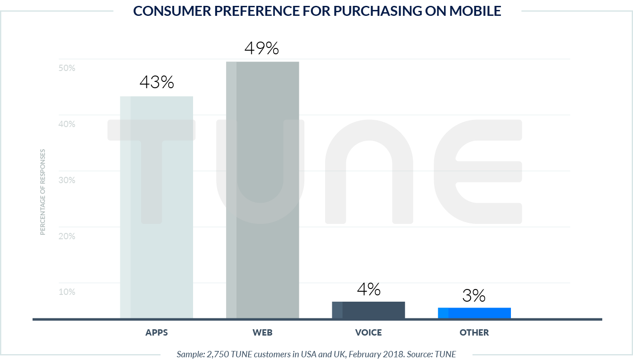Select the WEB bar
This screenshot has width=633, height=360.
pos(262,190)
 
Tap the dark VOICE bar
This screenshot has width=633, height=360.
pos(368,310)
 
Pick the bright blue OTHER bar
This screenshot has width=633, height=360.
pos(474,313)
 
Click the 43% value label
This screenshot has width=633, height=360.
pos(156,82)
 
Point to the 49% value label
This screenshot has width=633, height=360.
pos(262,48)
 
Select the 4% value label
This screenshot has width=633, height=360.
pos(368,289)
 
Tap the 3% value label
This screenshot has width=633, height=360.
pos(474,296)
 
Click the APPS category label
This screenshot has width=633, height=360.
pos(156,333)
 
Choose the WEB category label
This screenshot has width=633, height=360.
pos(262,333)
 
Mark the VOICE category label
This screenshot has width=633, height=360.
pos(368,333)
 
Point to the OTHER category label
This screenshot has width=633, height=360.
pos(474,333)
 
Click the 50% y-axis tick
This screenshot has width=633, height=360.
pos(67,68)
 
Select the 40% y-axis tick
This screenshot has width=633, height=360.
pos(67,124)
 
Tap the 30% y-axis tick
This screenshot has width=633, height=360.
pos(67,180)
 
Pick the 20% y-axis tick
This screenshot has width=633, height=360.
pos(67,236)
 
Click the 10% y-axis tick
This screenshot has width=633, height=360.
pos(67,292)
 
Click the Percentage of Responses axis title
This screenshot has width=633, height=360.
pos(43,192)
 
